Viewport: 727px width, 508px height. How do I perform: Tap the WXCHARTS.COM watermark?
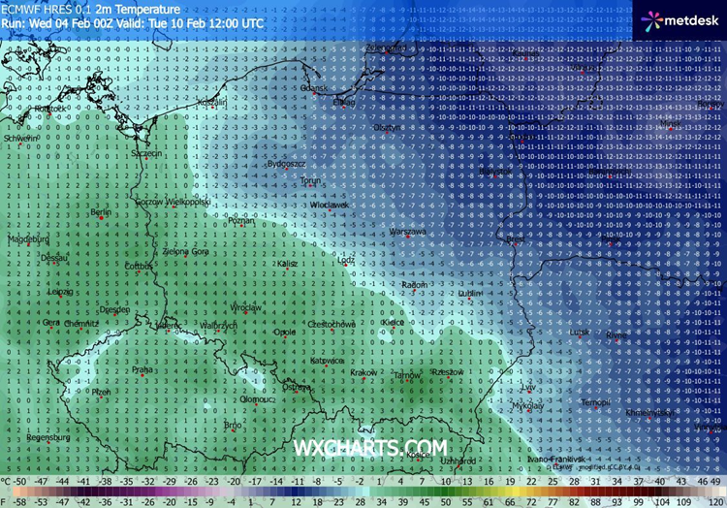[370, 447]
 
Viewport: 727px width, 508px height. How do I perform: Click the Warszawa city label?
[407, 233]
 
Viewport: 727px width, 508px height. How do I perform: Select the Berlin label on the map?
[100, 212]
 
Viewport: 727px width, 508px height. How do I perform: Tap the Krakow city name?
[363, 372]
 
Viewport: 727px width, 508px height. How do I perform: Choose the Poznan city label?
[238, 221]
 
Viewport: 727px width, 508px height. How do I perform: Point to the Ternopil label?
[593, 402]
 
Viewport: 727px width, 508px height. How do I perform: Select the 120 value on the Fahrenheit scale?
[714, 502]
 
